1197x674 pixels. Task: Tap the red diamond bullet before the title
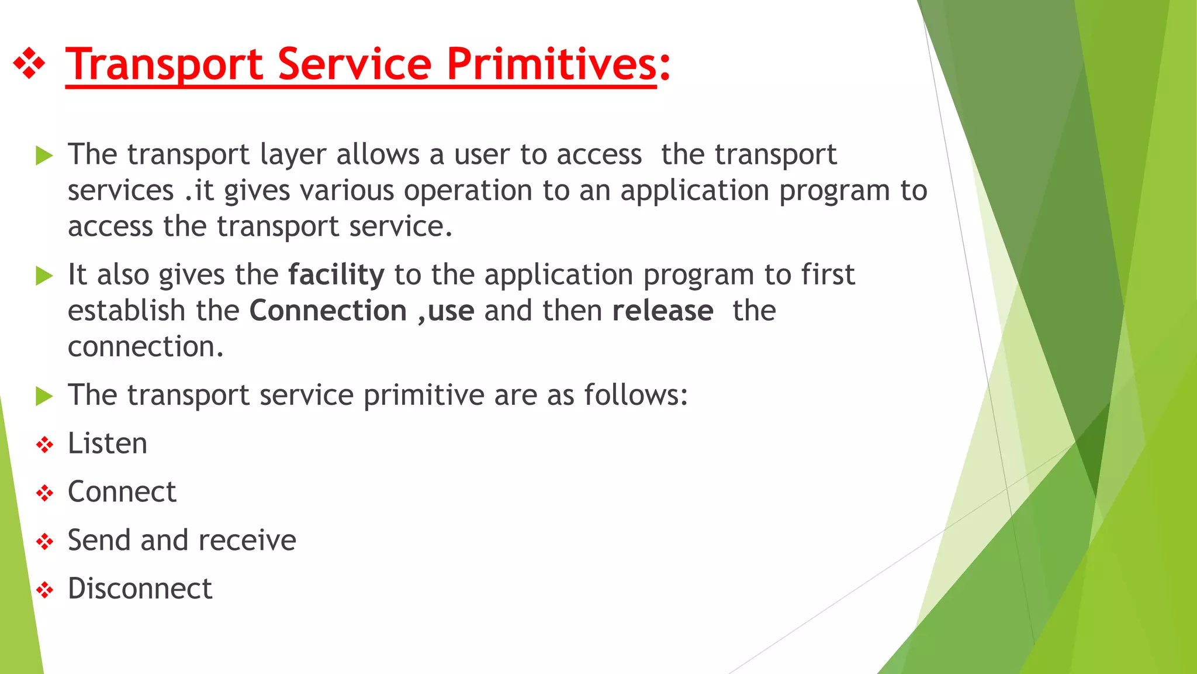click(x=29, y=63)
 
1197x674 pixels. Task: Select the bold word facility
click(x=336, y=275)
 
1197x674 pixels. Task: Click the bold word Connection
click(x=328, y=311)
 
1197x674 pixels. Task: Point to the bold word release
click(x=663, y=311)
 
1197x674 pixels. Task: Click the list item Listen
click(x=108, y=443)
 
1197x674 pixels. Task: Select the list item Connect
click(x=122, y=492)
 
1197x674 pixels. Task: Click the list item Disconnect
click(x=140, y=589)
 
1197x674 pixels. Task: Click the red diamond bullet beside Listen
click(x=44, y=445)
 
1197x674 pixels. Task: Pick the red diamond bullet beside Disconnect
click(x=44, y=590)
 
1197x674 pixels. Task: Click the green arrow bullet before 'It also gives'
click(x=44, y=276)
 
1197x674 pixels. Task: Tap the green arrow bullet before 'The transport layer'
click(x=44, y=156)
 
